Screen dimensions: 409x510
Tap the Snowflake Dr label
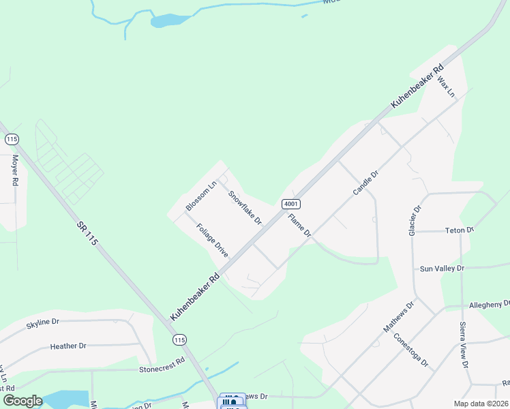click(245, 207)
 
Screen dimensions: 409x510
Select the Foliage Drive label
click(212, 240)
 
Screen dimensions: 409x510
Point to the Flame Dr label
click(299, 226)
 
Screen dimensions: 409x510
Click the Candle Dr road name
click(365, 183)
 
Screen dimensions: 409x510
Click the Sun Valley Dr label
click(442, 269)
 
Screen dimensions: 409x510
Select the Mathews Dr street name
click(399, 318)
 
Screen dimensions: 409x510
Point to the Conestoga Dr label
click(411, 350)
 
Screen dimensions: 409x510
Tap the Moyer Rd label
click(14, 170)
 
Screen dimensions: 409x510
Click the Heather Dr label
click(68, 346)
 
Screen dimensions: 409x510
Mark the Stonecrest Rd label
click(162, 366)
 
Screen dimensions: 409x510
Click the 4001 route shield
click(290, 204)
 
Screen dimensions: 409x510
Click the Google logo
click(22, 401)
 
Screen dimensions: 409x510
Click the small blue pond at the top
click(166, 20)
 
